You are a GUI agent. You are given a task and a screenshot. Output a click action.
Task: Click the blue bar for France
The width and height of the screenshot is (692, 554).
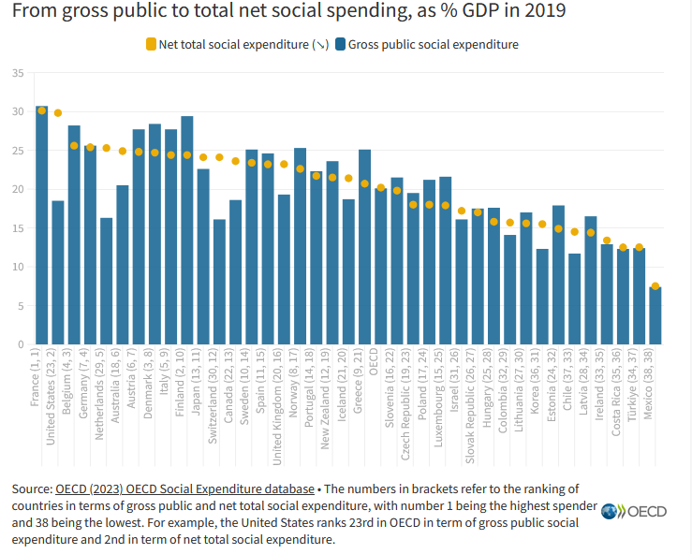tap(41, 225)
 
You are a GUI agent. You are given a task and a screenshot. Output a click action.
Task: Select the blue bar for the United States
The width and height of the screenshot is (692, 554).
tap(58, 272)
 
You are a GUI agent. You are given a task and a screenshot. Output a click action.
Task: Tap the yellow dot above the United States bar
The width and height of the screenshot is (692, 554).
tap(58, 113)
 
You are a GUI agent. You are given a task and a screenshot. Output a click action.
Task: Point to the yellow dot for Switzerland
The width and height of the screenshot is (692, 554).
tap(219, 157)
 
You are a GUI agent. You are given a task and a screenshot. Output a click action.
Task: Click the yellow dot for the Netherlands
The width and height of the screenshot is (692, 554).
tap(106, 148)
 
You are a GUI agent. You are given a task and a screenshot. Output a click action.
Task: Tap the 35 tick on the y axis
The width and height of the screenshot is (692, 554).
tap(19, 73)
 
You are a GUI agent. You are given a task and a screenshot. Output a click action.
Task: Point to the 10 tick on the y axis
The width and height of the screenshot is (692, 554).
tap(19, 267)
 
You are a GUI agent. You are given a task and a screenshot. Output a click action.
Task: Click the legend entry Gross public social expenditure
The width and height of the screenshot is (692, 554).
tap(433, 44)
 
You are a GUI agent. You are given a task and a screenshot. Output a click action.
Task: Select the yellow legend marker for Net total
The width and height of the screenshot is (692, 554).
tap(152, 44)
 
